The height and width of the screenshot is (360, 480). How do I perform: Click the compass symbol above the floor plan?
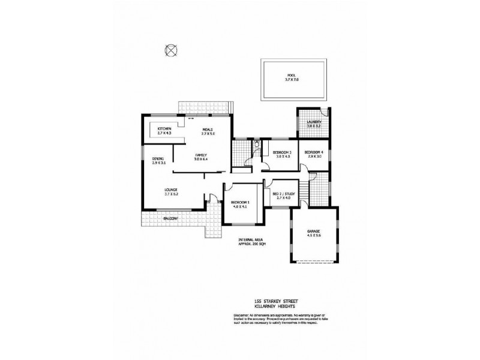[x=172, y=50]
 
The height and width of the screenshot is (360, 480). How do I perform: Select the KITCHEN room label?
[x=164, y=129]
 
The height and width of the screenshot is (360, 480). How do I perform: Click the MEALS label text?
[x=208, y=129]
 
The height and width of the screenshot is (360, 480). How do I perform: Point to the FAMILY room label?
[x=200, y=155]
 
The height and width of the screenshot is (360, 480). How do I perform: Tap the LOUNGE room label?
[x=170, y=188]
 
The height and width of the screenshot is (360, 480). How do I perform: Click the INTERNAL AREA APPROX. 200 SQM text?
[x=251, y=242]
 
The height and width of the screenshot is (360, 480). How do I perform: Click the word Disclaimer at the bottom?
[x=239, y=316]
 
